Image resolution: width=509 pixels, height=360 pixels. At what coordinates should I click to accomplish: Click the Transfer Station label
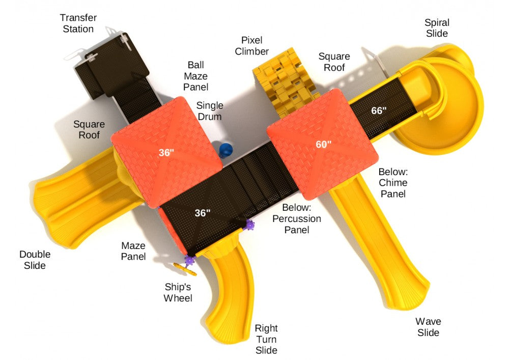coord(78,23)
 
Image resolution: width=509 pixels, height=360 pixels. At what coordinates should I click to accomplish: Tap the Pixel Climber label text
coord(251,46)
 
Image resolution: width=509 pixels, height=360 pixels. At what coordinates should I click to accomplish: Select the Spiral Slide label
coord(437,28)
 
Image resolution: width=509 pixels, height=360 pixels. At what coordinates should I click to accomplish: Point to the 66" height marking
coord(379,110)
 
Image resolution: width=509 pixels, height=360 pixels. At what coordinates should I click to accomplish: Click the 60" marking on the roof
coord(324,144)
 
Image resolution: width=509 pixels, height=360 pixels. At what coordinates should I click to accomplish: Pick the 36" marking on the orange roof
coord(166,152)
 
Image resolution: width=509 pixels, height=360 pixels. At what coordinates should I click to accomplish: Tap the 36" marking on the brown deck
coord(203,213)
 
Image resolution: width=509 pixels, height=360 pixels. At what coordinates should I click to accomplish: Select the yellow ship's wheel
coord(185,269)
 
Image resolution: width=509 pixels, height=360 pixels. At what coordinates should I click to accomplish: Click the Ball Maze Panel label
coord(196,76)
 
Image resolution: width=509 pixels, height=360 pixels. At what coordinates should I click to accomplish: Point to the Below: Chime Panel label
coord(393,183)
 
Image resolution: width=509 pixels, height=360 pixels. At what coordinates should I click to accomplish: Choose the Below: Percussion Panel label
coord(297,218)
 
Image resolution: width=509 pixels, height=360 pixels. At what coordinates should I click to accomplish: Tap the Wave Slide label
coord(428,327)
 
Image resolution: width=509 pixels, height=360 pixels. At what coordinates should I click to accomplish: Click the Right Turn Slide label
coord(266,339)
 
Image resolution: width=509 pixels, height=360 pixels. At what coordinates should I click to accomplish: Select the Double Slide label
coord(35,260)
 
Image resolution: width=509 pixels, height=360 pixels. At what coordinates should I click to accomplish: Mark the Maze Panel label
coord(133,251)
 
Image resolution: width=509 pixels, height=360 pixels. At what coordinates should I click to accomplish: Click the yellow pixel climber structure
coord(285,81)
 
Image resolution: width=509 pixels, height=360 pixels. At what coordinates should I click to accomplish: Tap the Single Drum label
coord(210,111)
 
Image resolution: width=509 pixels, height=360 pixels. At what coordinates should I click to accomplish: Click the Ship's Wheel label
coord(178,292)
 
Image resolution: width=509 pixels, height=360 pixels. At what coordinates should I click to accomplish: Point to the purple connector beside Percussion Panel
coord(249,225)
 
